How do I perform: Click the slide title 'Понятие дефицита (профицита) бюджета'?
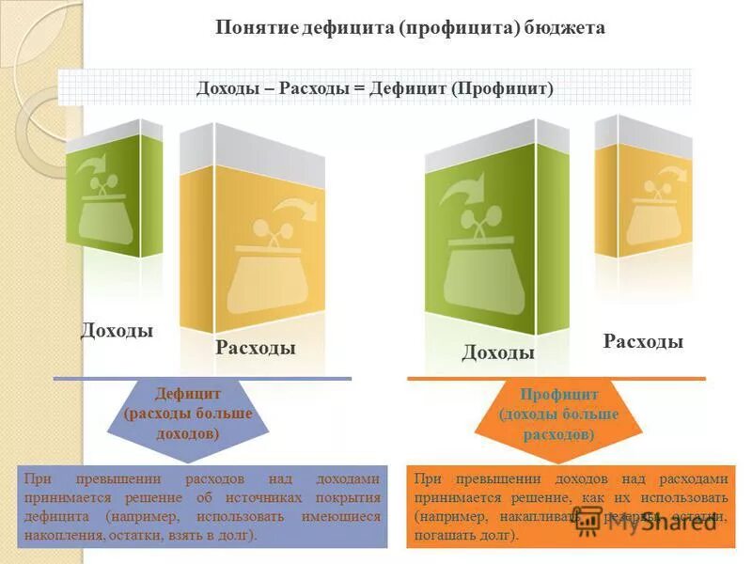[x=410, y=28]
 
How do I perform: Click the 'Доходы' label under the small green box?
[x=117, y=331]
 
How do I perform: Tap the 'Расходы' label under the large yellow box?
[x=256, y=349]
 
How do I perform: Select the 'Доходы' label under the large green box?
[x=498, y=352]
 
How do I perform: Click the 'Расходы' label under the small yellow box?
[x=643, y=341]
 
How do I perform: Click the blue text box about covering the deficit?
[x=203, y=507]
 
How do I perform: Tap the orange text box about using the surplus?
[x=571, y=507]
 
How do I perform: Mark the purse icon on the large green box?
[x=479, y=254]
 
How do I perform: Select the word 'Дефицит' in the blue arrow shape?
[x=188, y=396]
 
